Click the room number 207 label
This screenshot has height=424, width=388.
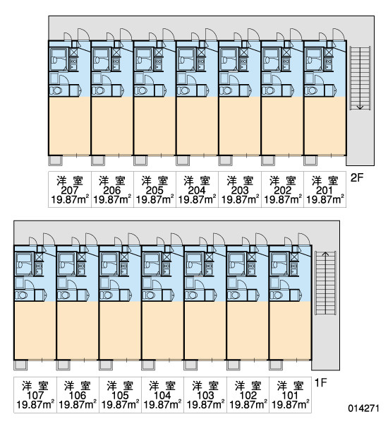(70, 190)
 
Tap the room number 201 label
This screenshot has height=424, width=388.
(325, 190)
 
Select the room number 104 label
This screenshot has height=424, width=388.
(162, 395)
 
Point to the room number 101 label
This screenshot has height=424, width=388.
(290, 395)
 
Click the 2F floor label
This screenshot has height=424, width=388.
(357, 177)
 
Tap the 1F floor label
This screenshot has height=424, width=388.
(321, 382)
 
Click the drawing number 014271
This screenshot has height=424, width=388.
(364, 408)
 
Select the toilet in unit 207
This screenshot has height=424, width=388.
(56, 90)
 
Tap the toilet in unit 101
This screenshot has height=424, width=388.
(277, 295)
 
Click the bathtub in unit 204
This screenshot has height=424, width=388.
(186, 59)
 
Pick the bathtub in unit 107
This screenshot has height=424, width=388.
(24, 264)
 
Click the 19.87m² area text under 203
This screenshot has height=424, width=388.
(240, 201)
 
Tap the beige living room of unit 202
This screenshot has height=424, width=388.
(282, 126)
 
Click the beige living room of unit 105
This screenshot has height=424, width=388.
(120, 331)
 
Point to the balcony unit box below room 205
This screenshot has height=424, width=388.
(140, 160)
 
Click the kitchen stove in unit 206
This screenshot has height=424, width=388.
(116, 64)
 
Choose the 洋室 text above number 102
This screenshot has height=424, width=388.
(248, 386)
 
